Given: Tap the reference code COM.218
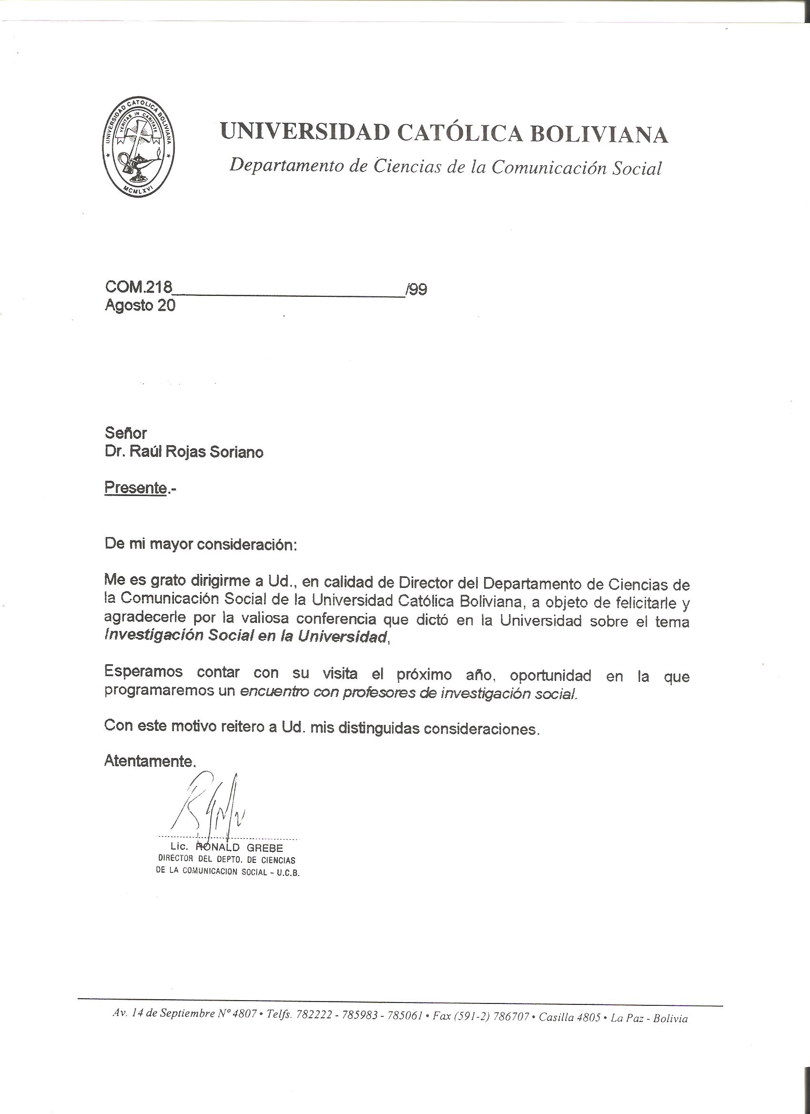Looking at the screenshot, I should (x=139, y=287).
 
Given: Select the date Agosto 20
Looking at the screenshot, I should (x=140, y=305).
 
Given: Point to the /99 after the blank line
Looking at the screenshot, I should (x=416, y=289).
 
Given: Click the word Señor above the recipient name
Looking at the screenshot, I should (x=126, y=433).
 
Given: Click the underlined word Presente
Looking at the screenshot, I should (x=136, y=488).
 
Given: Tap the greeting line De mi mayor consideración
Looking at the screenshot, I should (x=201, y=545).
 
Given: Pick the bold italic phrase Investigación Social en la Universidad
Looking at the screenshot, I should (x=245, y=636).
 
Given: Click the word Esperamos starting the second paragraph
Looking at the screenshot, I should (x=143, y=671).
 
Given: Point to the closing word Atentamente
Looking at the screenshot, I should (x=150, y=761).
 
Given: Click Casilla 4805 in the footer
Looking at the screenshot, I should (x=569, y=1003).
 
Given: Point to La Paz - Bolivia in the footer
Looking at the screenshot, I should (x=648, y=1004).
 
